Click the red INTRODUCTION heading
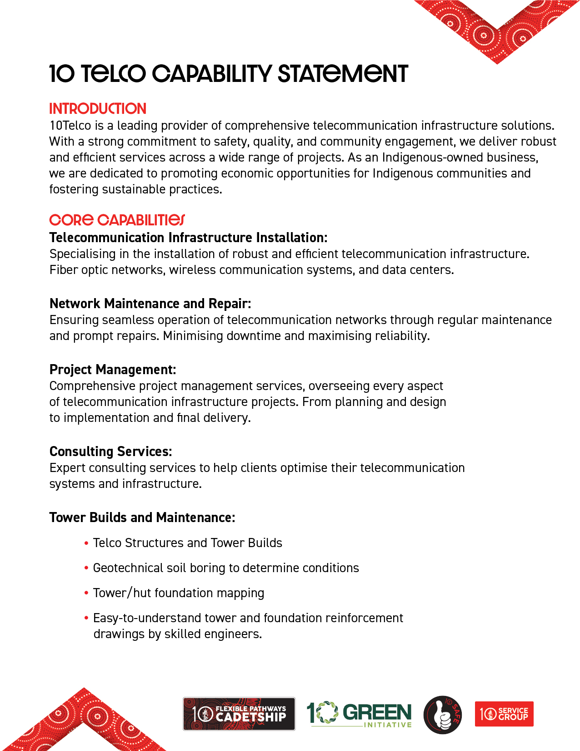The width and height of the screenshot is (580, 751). (98, 109)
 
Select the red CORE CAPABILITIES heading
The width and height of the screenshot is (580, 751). (117, 220)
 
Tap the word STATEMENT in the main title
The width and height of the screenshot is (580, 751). (343, 74)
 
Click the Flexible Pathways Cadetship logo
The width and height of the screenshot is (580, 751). (239, 714)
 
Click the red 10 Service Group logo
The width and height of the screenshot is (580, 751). (504, 714)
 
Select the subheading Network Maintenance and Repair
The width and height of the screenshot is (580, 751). (150, 304)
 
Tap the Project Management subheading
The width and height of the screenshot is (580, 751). (112, 370)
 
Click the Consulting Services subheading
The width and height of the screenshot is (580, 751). (110, 452)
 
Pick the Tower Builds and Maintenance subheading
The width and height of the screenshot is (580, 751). (142, 518)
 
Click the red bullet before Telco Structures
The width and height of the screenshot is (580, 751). (86, 543)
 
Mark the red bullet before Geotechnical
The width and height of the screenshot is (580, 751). (86, 568)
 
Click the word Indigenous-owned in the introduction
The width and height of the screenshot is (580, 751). (460, 157)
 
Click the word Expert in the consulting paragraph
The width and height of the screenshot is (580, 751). (67, 468)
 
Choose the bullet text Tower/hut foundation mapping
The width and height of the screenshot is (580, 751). (178, 593)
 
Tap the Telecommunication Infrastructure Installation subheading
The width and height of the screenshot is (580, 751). (188, 238)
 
